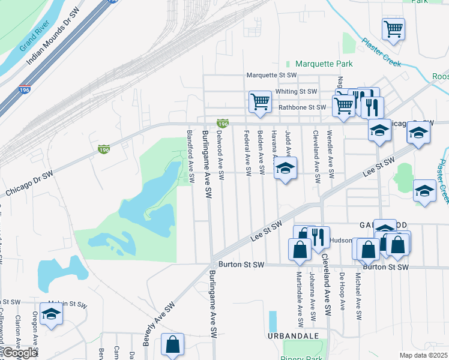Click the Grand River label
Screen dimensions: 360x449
(35, 38)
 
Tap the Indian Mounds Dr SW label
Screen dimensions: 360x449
(53, 41)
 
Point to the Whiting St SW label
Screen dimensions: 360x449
(296, 91)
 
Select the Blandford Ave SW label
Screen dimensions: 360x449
(191, 157)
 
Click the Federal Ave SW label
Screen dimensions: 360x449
(247, 153)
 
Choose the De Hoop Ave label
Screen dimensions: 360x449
(342, 292)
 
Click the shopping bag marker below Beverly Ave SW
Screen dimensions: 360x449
(173, 345)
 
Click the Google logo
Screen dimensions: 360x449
(20, 353)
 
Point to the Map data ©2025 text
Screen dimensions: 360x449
(423, 355)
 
